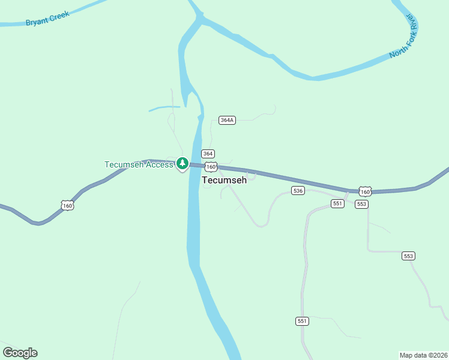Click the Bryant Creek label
tap(47, 18)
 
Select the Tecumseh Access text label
tap(139, 164)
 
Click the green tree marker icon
tap(182, 163)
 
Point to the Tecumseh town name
tap(224, 180)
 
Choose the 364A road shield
tap(227, 120)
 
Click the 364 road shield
tap(208, 154)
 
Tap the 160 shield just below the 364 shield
tap(210, 166)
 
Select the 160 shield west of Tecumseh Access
tap(67, 206)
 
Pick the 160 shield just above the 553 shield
tap(365, 191)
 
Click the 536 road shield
tap(298, 190)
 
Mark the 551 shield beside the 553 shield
tap(337, 204)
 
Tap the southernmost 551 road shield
tap(302, 321)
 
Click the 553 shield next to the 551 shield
tap(361, 204)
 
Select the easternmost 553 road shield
tap(409, 256)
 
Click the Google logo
tap(20, 352)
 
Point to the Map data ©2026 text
tap(423, 355)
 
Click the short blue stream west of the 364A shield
tap(164, 109)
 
